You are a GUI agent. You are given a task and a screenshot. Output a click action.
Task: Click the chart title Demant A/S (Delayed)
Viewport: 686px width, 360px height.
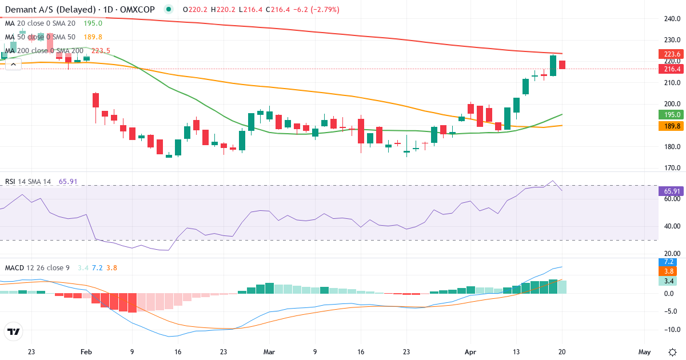43,10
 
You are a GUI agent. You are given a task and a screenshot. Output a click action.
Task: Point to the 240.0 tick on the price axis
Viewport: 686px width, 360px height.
672,19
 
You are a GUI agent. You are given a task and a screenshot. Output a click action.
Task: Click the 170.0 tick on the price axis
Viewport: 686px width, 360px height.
672,168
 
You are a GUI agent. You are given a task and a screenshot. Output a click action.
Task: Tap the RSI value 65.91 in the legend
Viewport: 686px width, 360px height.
68,182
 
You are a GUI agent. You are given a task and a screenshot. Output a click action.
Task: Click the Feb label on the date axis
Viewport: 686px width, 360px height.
86,352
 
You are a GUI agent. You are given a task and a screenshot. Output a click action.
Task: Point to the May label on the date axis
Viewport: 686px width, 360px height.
644,352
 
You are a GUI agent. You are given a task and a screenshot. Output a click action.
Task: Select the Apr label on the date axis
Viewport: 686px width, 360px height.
470,352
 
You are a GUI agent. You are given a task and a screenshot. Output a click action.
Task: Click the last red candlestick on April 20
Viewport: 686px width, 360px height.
563,65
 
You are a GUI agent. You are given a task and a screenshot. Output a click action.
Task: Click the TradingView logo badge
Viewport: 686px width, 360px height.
14,331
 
